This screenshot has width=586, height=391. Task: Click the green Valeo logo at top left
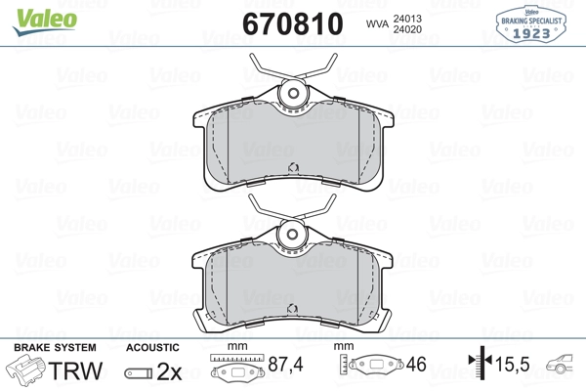click(45, 22)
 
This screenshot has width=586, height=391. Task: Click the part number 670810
click(293, 23)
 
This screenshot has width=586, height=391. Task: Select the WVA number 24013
click(407, 19)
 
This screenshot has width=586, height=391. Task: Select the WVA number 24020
click(407, 29)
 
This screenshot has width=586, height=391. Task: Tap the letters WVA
click(377, 23)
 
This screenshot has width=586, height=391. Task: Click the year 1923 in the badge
click(531, 33)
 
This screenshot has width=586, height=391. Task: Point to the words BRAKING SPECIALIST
click(531, 21)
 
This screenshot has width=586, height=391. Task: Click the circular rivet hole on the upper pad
click(293, 93)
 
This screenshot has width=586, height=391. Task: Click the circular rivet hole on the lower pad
click(292, 235)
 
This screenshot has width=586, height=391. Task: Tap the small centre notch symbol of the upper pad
click(293, 168)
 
